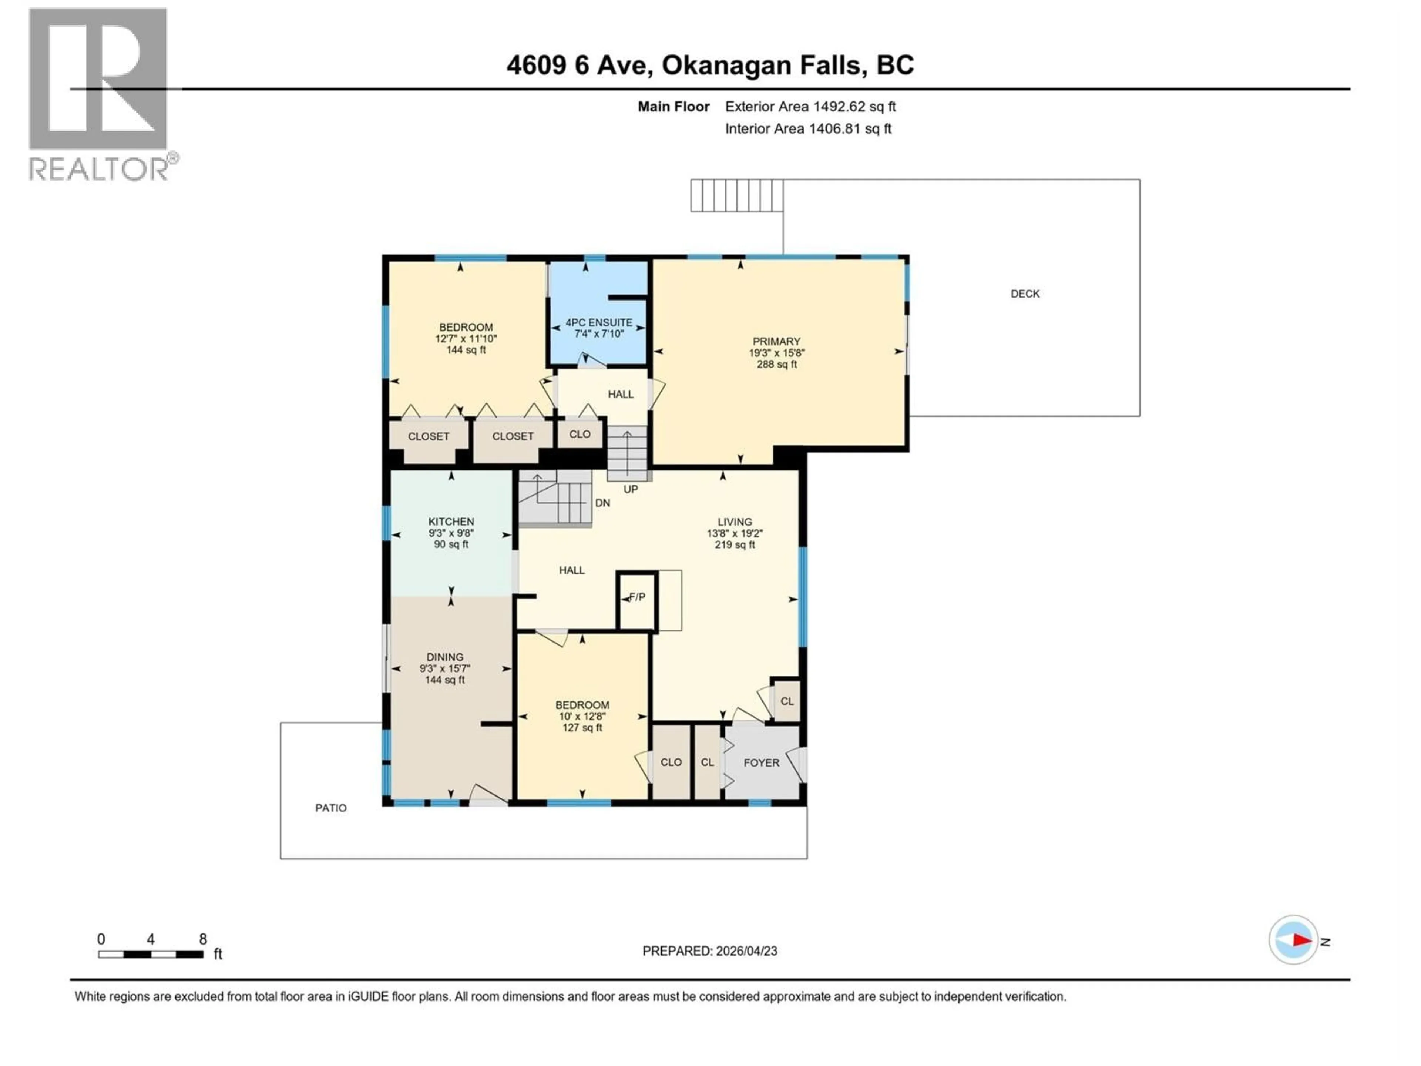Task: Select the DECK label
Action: (1025, 294)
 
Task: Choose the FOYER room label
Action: (761, 763)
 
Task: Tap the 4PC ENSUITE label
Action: (599, 322)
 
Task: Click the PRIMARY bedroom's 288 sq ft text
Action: (777, 364)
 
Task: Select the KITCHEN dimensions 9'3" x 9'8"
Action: (451, 533)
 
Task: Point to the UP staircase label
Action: (630, 489)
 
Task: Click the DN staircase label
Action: (602, 503)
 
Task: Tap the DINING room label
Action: (444, 657)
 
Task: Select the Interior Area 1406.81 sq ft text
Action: (808, 128)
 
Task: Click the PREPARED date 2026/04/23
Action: (709, 951)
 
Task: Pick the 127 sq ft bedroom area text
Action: (582, 728)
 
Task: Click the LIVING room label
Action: (734, 522)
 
